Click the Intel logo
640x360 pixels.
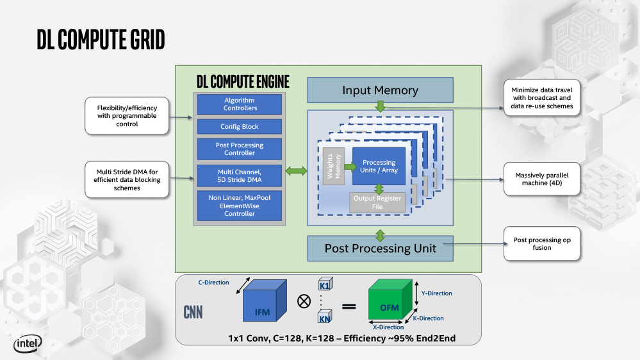(28, 345)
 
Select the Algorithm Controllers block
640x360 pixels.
(240, 104)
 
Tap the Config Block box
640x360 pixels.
(240, 127)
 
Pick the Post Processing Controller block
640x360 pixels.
(240, 149)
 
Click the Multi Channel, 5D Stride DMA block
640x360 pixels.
(240, 176)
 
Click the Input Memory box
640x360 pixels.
(380, 90)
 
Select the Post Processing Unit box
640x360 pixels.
(380, 249)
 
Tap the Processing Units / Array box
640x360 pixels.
(379, 167)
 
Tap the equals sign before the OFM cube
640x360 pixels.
(349, 306)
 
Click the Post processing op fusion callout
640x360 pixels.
(542, 244)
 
